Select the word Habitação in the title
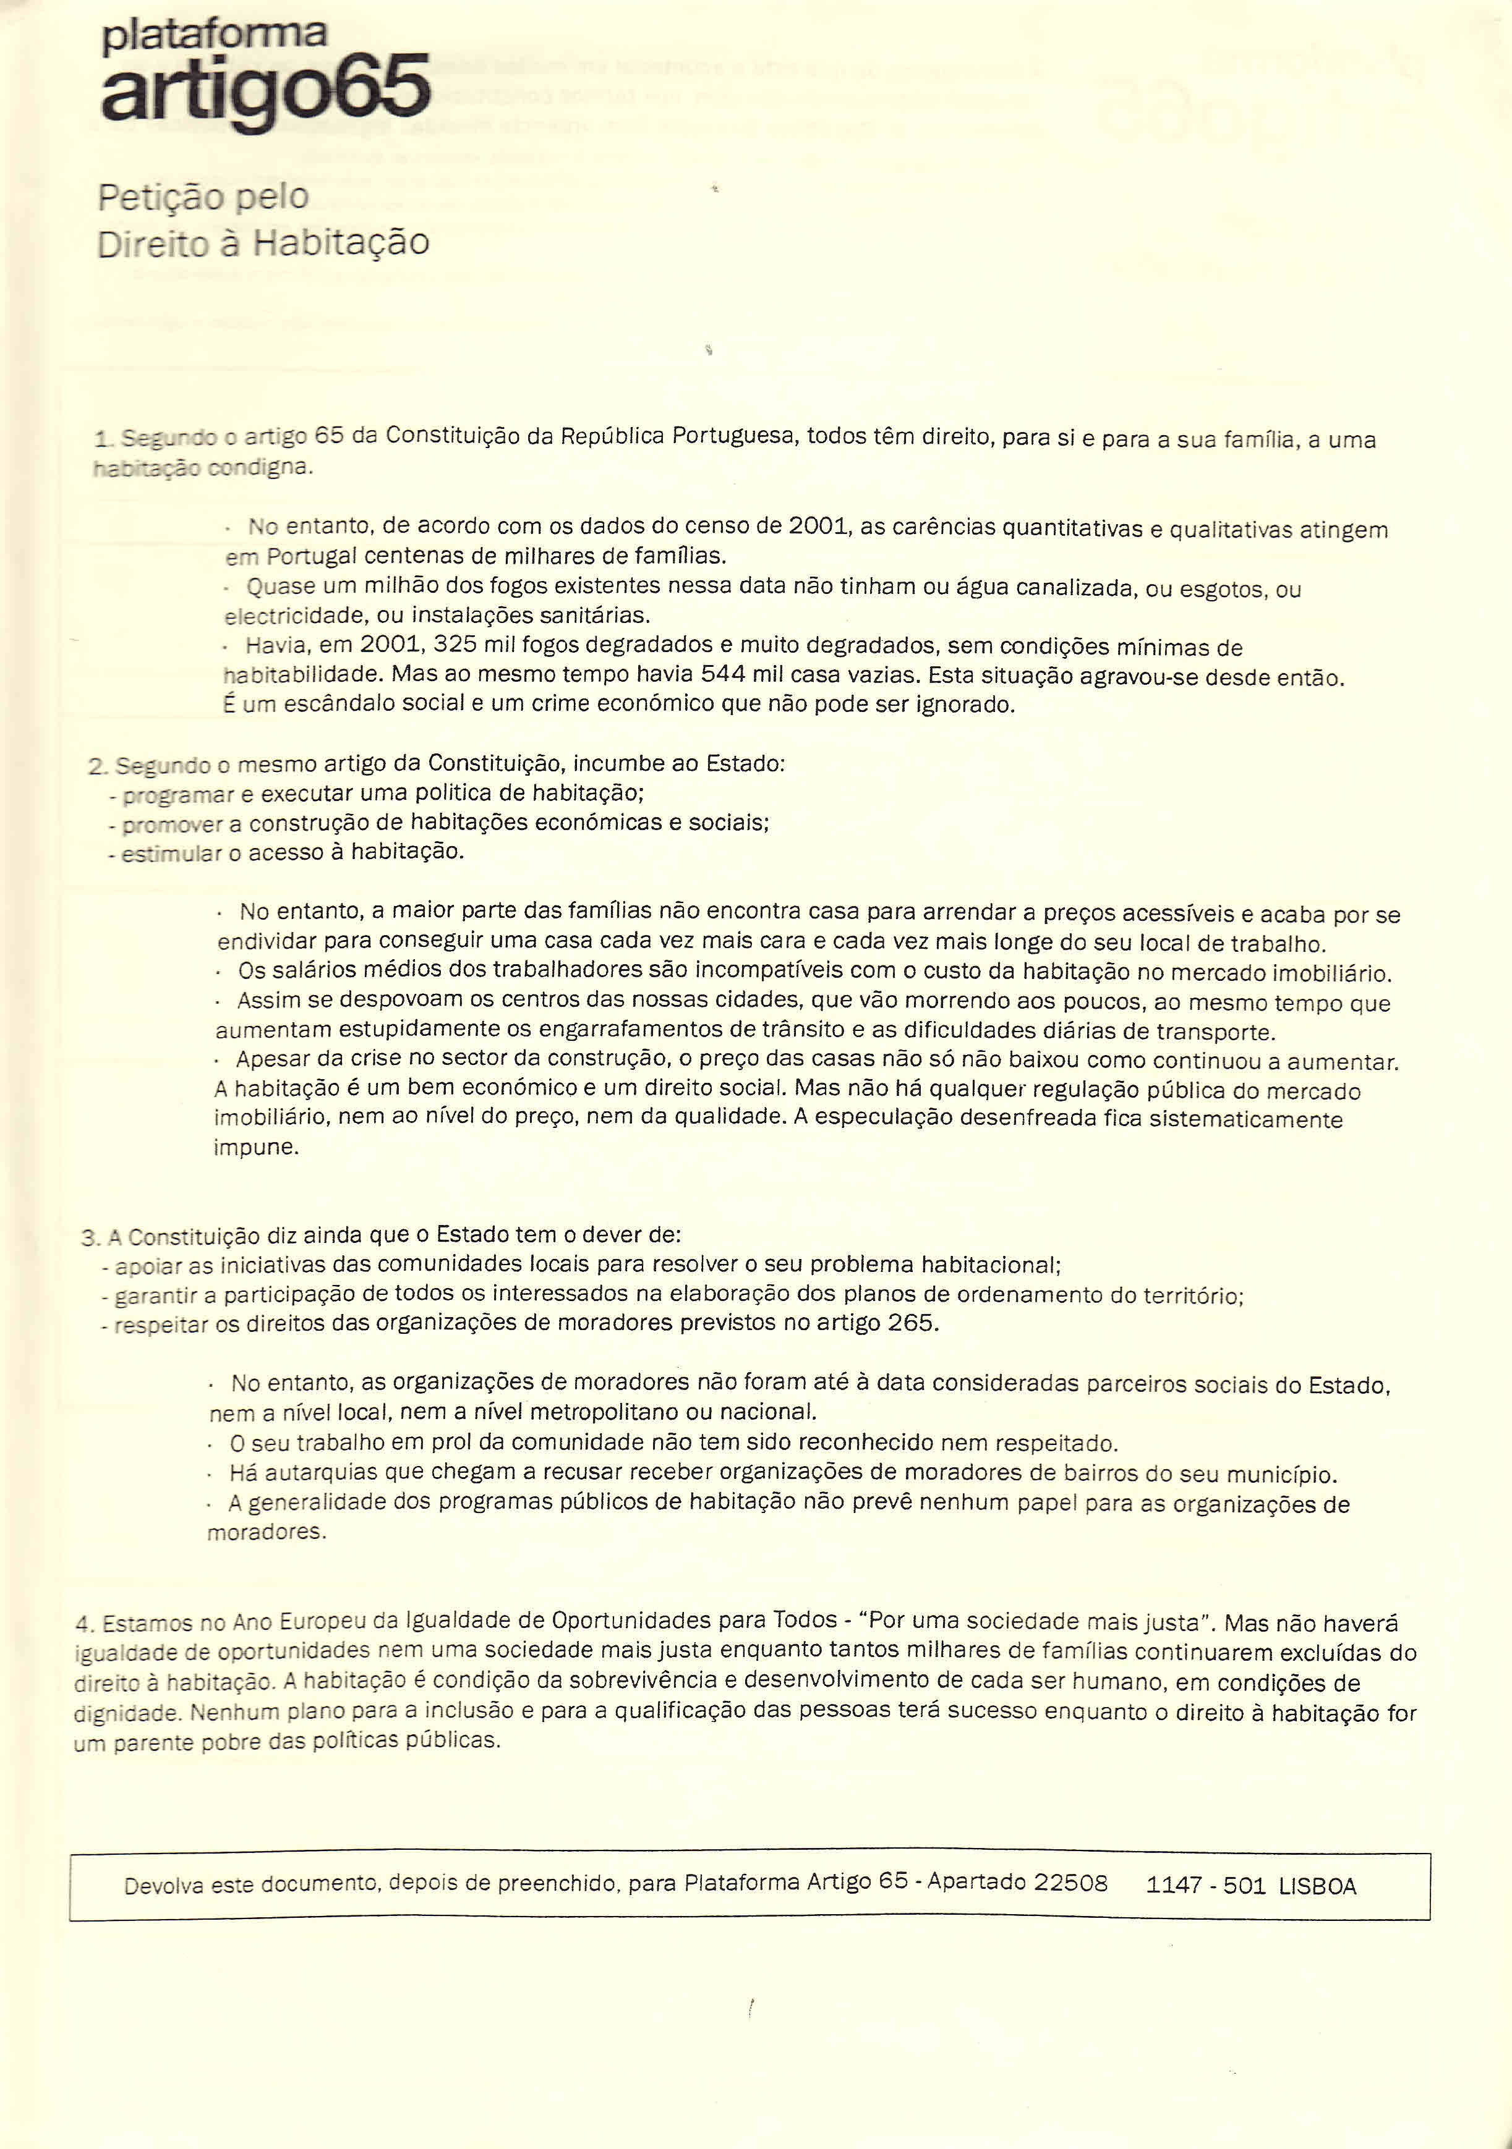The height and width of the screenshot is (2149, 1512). point(342,244)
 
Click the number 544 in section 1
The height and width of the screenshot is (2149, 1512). point(721,674)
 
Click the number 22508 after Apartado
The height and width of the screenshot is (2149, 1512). point(1070,1882)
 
